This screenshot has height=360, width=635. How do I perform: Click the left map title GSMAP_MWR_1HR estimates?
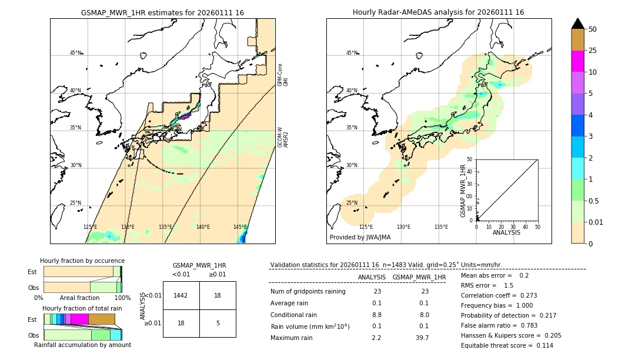[162, 12]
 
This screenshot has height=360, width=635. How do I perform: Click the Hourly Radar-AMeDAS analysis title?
[438, 12]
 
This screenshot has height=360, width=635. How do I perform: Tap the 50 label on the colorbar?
[593, 29]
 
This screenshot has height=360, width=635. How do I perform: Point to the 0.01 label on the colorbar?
[596, 222]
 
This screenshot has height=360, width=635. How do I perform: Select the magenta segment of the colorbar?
[577, 61]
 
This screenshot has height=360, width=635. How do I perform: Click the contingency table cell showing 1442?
[181, 295]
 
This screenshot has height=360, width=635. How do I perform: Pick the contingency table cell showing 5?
[218, 322]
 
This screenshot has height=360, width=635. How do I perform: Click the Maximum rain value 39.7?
[422, 338]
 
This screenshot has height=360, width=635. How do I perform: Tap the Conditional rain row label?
[293, 315]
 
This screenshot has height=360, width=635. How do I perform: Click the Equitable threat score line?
[507, 345]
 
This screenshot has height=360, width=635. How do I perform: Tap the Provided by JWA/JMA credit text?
[360, 238]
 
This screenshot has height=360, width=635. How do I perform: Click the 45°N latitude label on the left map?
[76, 53]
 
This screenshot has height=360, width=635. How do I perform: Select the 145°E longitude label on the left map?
[240, 227]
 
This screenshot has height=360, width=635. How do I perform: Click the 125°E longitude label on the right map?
[366, 227]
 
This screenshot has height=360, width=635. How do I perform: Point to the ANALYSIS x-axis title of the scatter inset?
[506, 232]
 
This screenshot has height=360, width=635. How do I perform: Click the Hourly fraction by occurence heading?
[82, 261]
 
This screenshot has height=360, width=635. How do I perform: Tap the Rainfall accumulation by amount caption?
[82, 345]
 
